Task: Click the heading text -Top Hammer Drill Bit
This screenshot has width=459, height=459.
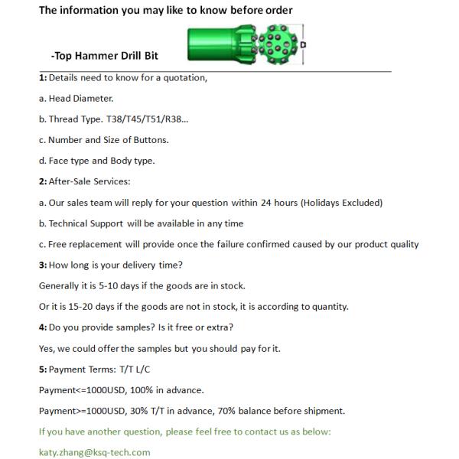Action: (105, 56)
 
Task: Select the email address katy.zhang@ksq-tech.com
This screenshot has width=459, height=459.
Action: (95, 452)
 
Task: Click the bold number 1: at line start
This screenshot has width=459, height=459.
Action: (43, 77)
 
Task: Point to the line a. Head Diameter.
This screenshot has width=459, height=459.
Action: (76, 98)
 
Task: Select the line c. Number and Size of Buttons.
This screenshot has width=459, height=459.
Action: (103, 140)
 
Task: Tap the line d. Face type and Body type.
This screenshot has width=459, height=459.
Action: (96, 161)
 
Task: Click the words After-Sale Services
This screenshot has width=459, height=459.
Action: (89, 181)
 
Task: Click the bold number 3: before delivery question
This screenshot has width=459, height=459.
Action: (43, 265)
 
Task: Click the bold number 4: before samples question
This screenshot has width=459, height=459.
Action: (43, 327)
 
